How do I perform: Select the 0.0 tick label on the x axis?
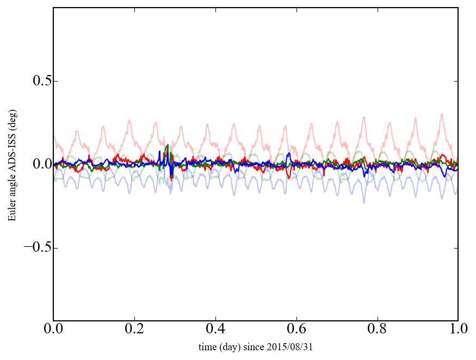[x=53, y=330]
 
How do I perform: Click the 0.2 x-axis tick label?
[x=134, y=330]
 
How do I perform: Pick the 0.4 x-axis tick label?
[x=215, y=330]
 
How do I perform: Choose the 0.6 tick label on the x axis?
[x=296, y=330]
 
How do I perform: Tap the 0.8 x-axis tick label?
[x=377, y=330]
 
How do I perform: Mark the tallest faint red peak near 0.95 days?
[x=442, y=114]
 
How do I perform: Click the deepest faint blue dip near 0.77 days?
[x=364, y=202]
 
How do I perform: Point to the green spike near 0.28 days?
[x=168, y=146]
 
